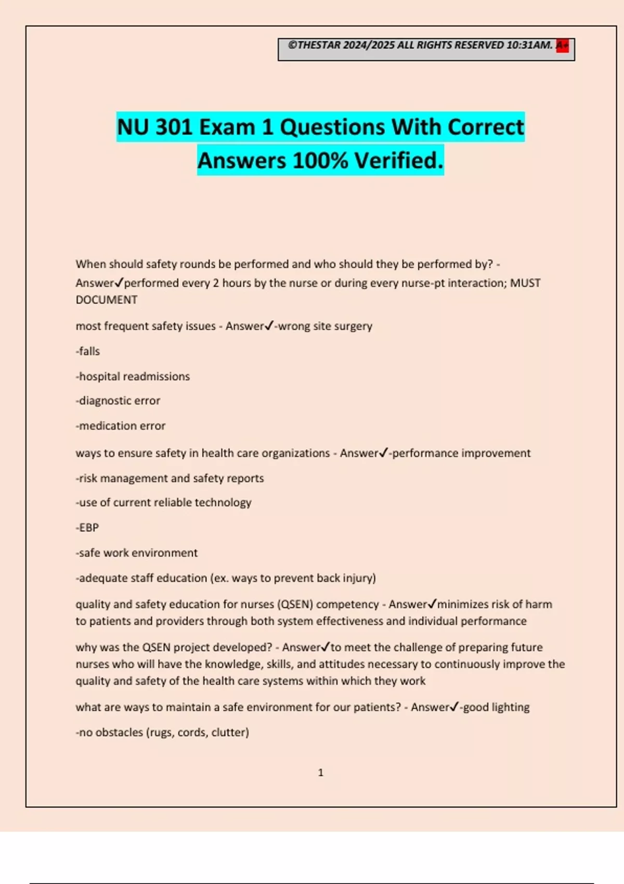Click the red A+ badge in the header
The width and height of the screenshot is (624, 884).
pos(562,45)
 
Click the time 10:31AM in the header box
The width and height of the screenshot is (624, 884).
pos(529,45)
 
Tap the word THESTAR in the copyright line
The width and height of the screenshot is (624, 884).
pos(319,45)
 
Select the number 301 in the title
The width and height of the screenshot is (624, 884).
pos(174,127)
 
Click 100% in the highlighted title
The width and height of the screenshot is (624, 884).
pos(320,161)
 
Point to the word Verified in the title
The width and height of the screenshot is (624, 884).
pos(399,161)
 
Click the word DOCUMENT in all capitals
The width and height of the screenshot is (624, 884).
pos(107,300)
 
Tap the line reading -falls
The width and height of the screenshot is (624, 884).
pos(88,352)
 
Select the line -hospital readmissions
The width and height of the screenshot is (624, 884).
pos(133,376)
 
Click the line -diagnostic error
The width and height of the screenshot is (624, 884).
pos(118,401)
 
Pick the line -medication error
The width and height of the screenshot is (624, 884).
pos(121,426)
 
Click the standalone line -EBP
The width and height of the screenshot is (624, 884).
pos(87,528)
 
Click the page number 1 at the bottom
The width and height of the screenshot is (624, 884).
pos(320,773)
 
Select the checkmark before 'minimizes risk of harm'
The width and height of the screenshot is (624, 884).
pos(432,604)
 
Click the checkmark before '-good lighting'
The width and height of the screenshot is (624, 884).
pos(454,707)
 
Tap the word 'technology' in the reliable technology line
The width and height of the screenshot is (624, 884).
pos(225,503)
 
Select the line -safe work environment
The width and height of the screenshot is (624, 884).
pos(137,553)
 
